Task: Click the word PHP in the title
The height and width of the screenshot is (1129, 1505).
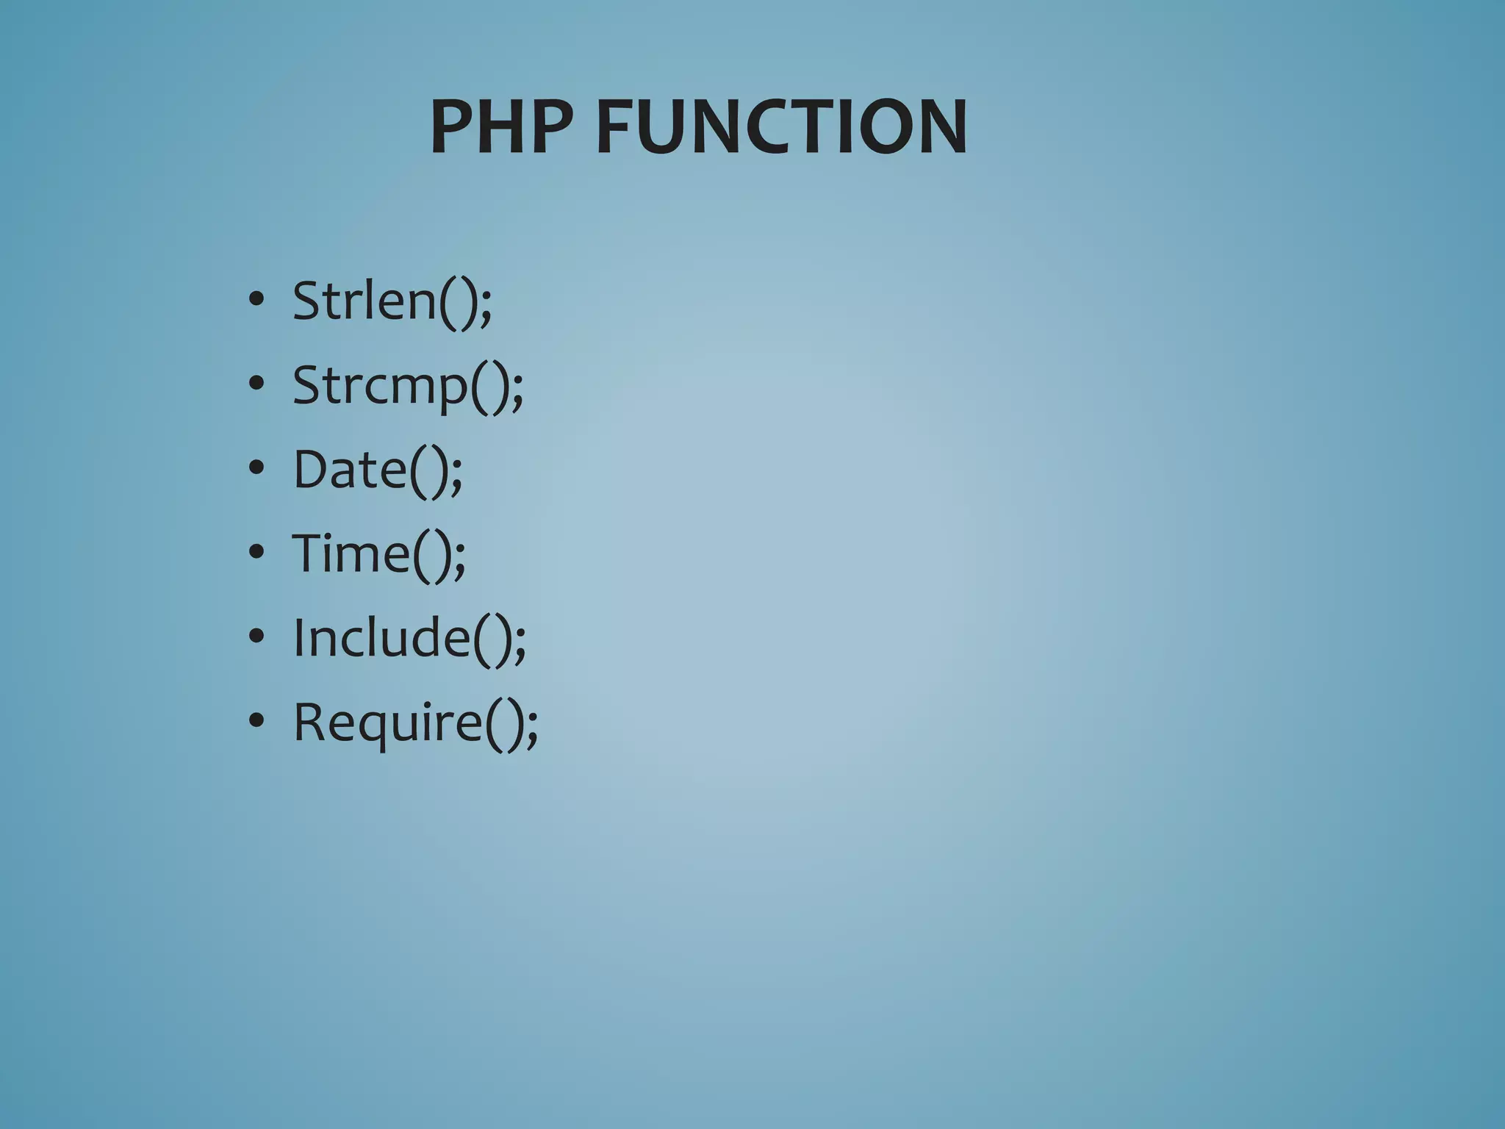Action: pos(501,127)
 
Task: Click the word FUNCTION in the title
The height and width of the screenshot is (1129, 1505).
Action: pos(781,127)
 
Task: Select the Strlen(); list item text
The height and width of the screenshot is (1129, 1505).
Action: pos(392,301)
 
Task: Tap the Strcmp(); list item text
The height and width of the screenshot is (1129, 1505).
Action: pos(408,386)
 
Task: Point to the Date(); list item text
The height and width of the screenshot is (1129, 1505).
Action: pos(378,470)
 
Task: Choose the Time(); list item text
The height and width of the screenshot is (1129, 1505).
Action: pos(378,554)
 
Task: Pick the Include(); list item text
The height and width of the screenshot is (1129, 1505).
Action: pos(409,638)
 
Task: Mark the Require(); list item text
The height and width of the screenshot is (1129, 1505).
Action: pos(415,723)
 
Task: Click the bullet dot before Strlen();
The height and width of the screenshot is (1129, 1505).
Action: pos(256,300)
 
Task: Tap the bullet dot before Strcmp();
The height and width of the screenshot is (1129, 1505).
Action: pos(256,384)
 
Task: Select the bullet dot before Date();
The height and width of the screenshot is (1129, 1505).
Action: pos(256,468)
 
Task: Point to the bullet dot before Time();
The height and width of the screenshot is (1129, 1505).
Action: pos(256,552)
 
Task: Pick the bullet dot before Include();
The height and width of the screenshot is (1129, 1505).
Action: pos(256,637)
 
